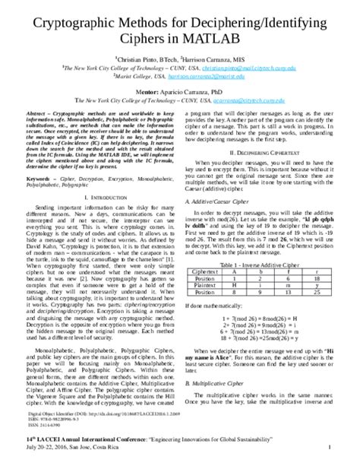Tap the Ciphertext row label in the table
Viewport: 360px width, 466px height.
click(210, 271)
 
